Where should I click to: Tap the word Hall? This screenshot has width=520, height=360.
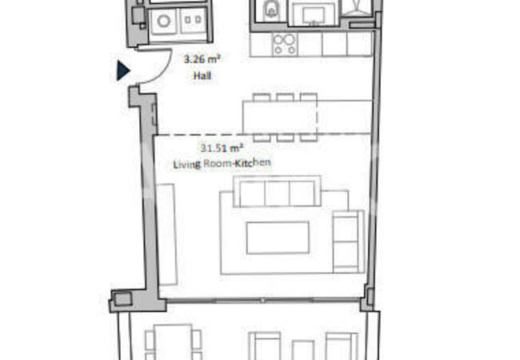click(202, 76)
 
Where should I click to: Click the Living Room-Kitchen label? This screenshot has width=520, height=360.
click(222, 163)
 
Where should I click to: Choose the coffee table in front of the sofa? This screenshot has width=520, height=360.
click(278, 238)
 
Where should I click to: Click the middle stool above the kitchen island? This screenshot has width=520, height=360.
click(284, 98)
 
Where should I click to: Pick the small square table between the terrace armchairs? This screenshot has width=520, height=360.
click(303, 350)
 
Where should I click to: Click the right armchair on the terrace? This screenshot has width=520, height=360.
click(339, 346)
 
